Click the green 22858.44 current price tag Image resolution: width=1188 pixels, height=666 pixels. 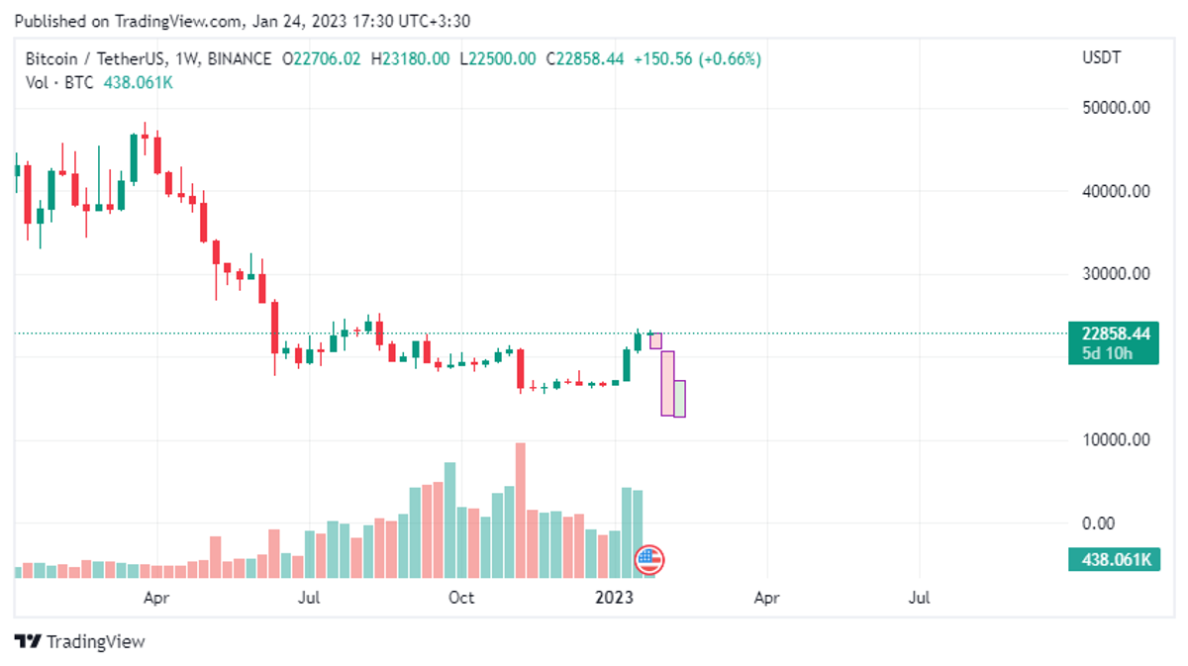click(x=1114, y=334)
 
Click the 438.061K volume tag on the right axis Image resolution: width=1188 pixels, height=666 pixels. click(x=1114, y=560)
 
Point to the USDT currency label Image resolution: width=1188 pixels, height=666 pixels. click(x=1102, y=58)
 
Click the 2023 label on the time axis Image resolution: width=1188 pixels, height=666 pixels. click(x=614, y=598)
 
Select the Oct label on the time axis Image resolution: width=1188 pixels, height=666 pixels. click(x=461, y=598)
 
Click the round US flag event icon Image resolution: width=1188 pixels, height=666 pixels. click(x=648, y=560)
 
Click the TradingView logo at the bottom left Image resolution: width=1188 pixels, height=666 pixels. click(x=80, y=641)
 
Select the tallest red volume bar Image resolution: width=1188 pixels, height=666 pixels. click(x=520, y=510)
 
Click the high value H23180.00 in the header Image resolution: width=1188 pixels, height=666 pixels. click(x=410, y=59)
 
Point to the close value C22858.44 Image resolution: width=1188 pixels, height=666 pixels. click(x=584, y=59)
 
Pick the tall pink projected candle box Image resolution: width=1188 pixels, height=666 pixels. click(x=668, y=383)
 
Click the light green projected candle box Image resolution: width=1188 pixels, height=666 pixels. click(x=679, y=398)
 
